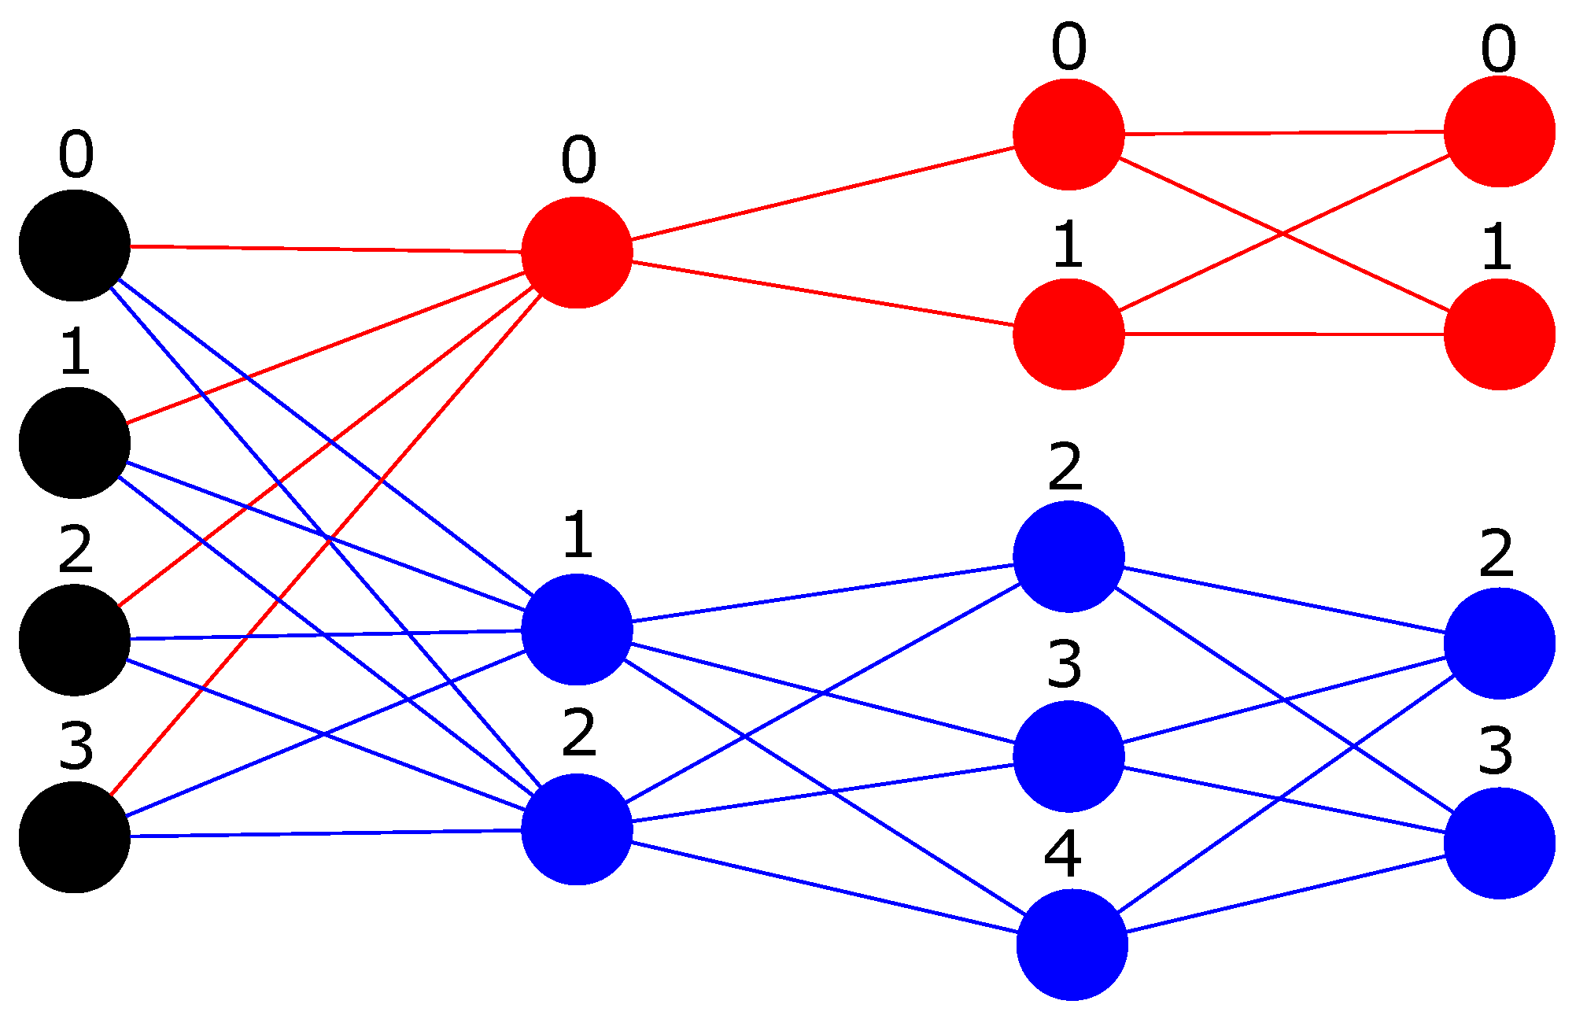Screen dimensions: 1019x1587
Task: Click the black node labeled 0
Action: (75, 246)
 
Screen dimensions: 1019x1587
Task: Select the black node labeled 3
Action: (75, 837)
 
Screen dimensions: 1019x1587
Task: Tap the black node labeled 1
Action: (75, 442)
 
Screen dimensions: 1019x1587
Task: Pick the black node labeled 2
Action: (75, 640)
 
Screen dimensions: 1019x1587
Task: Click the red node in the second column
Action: (577, 253)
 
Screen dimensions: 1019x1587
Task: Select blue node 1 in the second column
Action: (577, 629)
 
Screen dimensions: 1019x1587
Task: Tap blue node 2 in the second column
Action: (577, 829)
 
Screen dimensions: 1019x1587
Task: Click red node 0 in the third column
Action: (1068, 135)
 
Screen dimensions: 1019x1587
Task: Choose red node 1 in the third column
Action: (1068, 334)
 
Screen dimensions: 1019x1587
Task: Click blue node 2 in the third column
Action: (1068, 556)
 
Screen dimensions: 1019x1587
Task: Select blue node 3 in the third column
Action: (1068, 756)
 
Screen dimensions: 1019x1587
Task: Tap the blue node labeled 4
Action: (1072, 945)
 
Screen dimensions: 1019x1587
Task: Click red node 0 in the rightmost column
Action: (1499, 131)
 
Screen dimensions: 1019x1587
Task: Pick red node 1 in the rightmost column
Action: (1499, 334)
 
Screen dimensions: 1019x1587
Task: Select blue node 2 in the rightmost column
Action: (1499, 643)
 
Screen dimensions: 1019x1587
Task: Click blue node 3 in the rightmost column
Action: (1499, 843)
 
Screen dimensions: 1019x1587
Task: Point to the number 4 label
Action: (1062, 854)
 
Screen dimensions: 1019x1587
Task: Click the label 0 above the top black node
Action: (76, 154)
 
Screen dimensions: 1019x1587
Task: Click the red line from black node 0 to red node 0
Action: (326, 249)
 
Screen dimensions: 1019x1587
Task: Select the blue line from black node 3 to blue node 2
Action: (326, 833)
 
